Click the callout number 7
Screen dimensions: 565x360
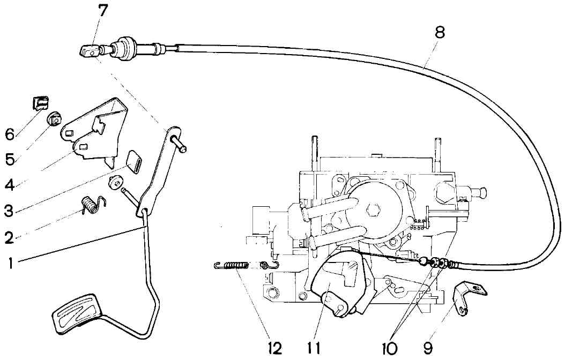(103, 10)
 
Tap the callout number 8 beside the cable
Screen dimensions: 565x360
(440, 32)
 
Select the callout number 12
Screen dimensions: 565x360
(274, 348)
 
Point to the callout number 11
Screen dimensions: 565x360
(314, 348)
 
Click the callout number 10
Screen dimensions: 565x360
(390, 348)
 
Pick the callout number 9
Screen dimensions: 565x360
(428, 348)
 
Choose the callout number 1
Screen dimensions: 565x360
(11, 263)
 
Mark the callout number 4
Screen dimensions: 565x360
(10, 186)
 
